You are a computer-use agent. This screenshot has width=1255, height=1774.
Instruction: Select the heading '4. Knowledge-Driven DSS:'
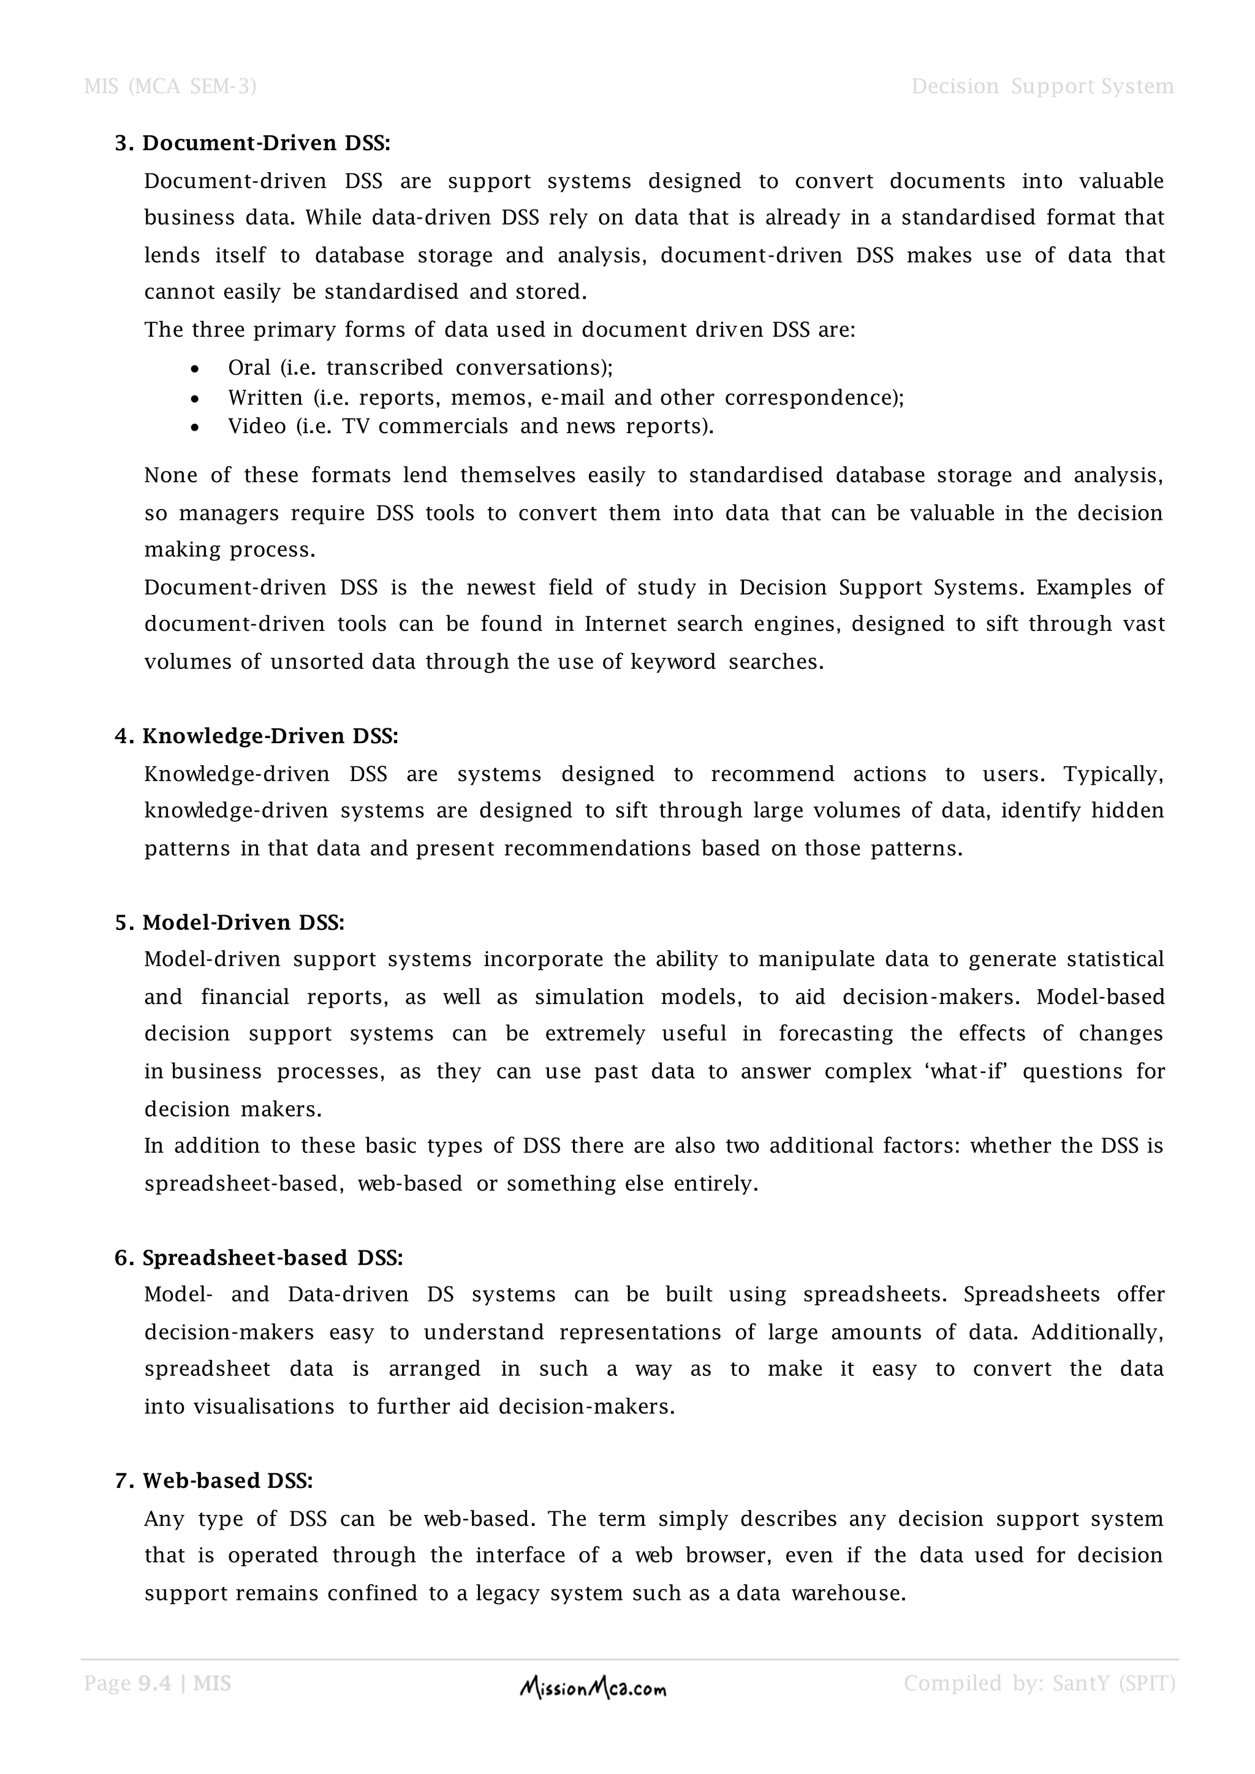coord(257,736)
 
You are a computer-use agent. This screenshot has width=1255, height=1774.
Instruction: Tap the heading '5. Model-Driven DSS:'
coord(230,922)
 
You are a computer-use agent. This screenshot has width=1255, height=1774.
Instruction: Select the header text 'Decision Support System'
coord(1042,86)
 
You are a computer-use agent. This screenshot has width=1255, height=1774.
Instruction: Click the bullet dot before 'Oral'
coord(195,369)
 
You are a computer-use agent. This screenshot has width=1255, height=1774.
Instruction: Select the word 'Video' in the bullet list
coord(257,426)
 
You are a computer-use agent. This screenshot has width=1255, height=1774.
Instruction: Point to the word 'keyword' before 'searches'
coord(673,662)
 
